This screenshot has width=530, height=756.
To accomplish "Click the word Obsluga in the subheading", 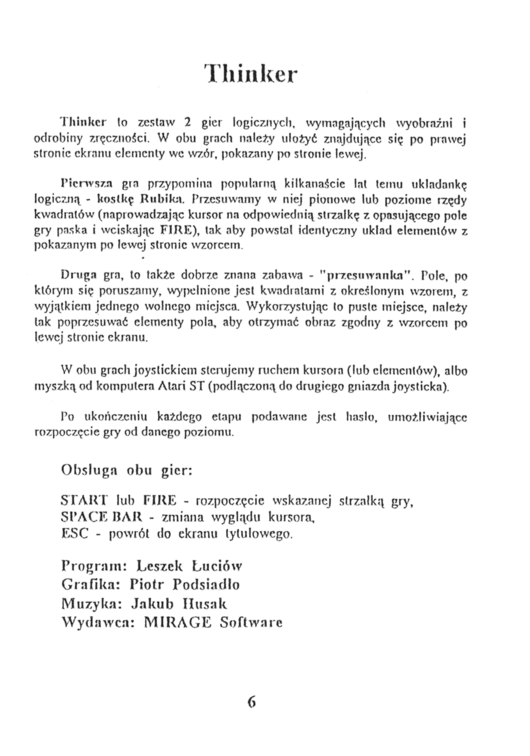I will click(90, 470).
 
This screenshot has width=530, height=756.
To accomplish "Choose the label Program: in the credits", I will click(93, 566).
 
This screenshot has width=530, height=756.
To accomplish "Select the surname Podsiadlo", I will click(206, 584).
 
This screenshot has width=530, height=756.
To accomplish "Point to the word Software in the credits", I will click(251, 622).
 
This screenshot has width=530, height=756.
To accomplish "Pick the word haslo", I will click(362, 417).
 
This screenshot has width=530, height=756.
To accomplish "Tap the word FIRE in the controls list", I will click(160, 501).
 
